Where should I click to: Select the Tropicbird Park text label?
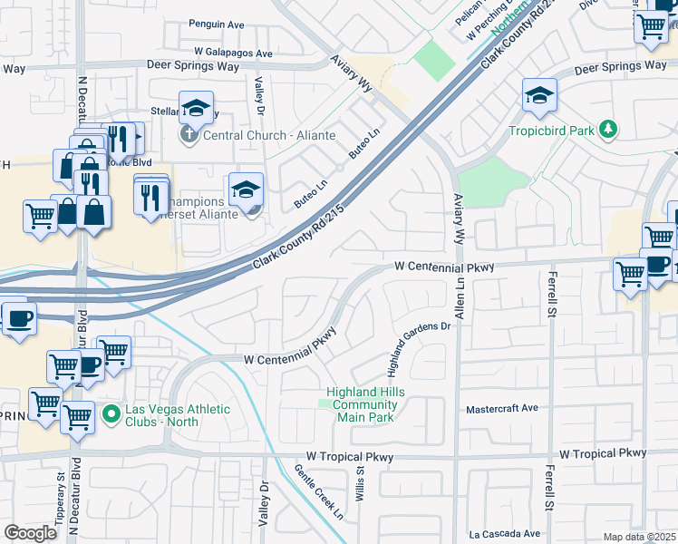tap(551, 131)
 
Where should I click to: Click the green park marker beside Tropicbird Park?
tap(609, 130)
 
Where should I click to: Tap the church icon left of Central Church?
tap(189, 136)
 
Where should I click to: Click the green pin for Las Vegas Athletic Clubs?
tap(111, 415)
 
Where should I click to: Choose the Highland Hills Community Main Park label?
tap(365, 404)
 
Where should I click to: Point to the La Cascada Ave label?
tap(504, 534)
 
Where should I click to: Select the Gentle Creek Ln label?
tap(318, 492)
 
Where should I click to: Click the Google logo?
tap(30, 532)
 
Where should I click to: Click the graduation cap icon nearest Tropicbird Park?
tap(539, 95)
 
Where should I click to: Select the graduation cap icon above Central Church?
tap(195, 109)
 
